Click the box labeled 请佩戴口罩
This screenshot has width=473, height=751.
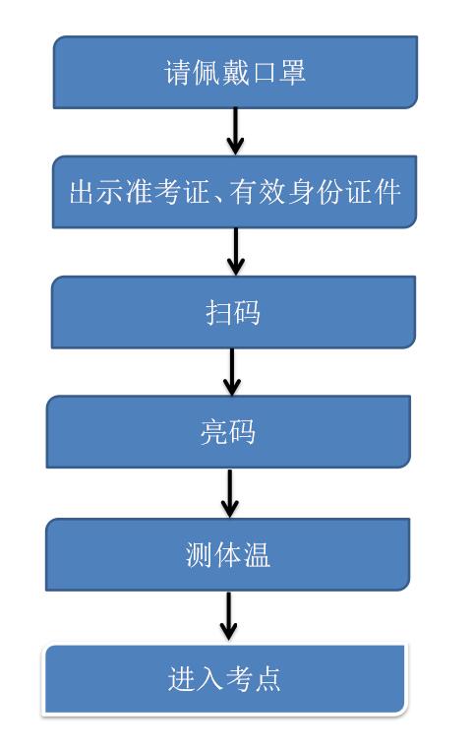[235, 72]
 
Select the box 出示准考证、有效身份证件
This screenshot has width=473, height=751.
[234, 192]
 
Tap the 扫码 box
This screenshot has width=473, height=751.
[233, 312]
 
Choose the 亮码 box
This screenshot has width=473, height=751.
[228, 432]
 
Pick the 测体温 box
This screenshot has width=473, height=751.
[228, 554]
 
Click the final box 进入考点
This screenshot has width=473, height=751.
[224, 679]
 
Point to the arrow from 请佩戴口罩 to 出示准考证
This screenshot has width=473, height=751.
[235, 131]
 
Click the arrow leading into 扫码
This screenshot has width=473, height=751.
[236, 251]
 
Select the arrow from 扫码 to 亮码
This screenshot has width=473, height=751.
[232, 372]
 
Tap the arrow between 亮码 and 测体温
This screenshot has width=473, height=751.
[230, 493]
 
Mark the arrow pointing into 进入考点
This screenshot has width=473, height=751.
[228, 616]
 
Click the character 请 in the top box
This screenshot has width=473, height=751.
[178, 72]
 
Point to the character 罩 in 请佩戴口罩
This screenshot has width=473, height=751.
[291, 72]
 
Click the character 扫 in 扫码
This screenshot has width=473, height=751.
[218, 313]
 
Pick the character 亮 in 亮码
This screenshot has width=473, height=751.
[214, 432]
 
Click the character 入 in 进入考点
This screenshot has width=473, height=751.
[209, 679]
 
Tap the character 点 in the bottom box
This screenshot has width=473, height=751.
[267, 679]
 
